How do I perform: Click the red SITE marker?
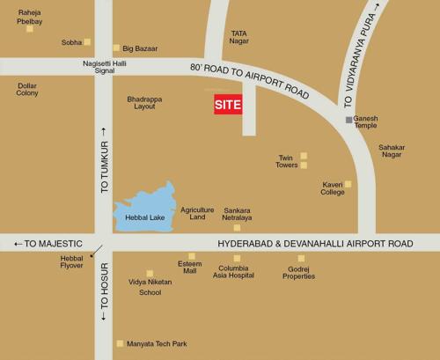[x=228, y=105]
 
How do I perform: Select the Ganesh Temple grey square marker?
[x=349, y=119]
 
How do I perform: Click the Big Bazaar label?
[x=140, y=48]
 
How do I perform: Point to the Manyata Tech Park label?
[x=158, y=343]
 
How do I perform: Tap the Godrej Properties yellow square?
[x=301, y=258]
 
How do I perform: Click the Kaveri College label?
[x=333, y=188]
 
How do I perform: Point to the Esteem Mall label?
[x=189, y=268]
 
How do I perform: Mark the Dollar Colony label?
[x=27, y=89]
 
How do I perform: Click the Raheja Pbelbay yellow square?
[x=29, y=29]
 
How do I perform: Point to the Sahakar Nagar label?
[x=391, y=151]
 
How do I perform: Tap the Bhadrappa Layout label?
[x=145, y=104]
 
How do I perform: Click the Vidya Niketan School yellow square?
[x=150, y=274]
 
